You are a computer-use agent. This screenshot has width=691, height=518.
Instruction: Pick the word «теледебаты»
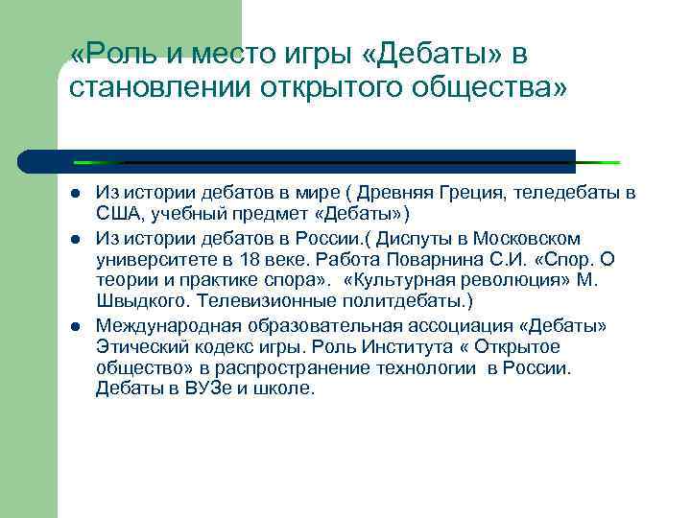562,194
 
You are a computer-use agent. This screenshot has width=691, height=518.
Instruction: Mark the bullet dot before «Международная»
75,327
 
